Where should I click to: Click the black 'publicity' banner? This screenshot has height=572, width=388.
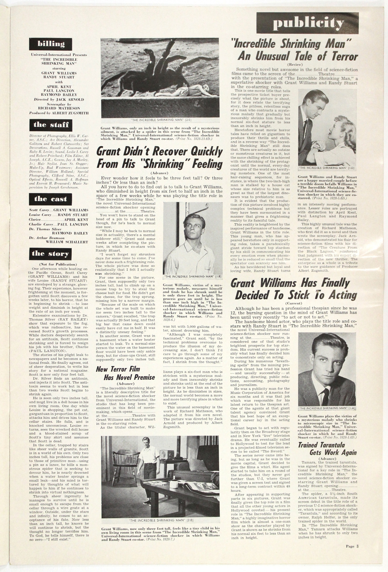[307, 23]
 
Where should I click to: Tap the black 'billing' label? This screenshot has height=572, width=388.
[51, 44]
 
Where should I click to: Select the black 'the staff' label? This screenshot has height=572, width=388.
[51, 125]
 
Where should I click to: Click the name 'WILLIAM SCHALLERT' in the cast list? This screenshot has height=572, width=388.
[67, 242]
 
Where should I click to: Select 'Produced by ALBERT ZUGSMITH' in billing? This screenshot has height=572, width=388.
[59, 113]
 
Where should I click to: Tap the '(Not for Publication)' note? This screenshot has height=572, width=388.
[58, 264]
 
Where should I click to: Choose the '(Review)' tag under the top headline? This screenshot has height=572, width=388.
[295, 64]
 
